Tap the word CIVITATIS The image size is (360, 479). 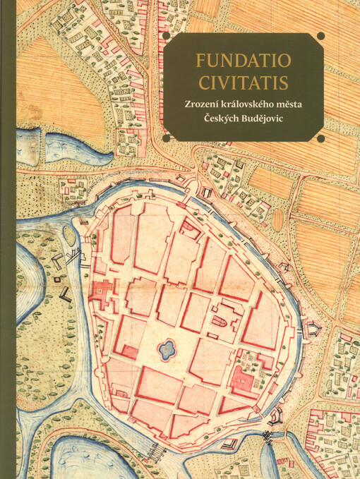click(243, 83)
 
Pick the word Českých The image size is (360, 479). click(220, 121)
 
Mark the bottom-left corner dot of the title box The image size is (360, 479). click(166, 138)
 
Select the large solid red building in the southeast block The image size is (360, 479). click(243, 382)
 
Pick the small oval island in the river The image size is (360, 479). click(69, 234)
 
